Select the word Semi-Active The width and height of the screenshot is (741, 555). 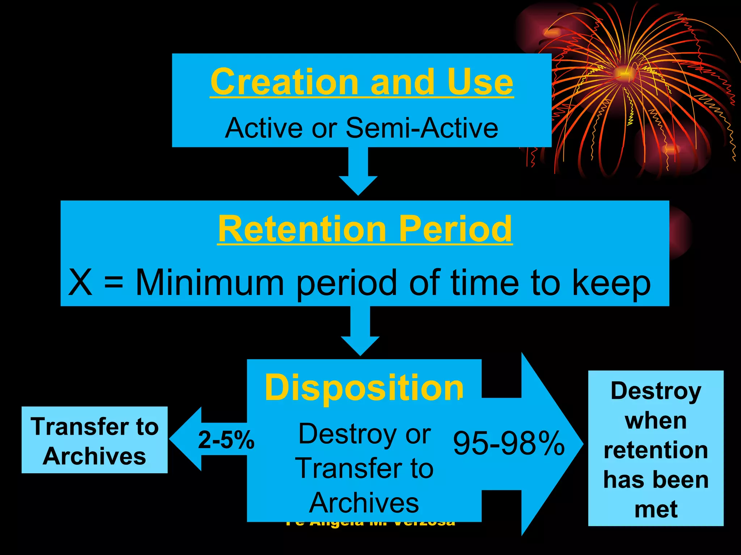(x=422, y=128)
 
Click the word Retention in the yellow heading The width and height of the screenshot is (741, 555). (x=302, y=229)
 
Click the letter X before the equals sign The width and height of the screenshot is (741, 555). (x=80, y=283)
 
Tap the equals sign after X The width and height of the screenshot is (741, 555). (x=114, y=283)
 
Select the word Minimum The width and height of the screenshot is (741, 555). (x=210, y=283)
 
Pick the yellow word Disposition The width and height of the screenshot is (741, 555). (x=364, y=388)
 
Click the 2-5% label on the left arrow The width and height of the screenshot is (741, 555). (x=226, y=440)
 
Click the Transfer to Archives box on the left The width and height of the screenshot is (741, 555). (x=94, y=440)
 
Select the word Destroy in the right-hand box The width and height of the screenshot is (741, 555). (x=656, y=391)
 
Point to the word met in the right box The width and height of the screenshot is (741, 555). (x=656, y=509)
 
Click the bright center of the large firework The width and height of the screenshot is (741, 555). (x=624, y=74)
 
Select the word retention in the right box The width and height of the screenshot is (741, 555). (x=656, y=451)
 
